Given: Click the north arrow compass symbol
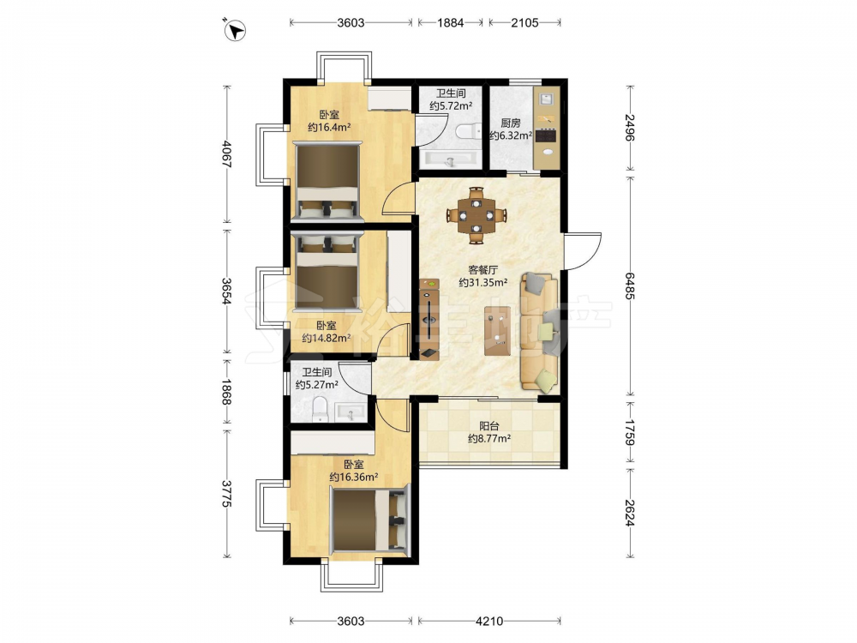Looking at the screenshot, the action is coord(236,31).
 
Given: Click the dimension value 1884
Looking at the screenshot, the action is coord(451,22).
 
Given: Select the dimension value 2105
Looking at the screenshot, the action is coord(524,22).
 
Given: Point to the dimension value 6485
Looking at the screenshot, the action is coord(630,285).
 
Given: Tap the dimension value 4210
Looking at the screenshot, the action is coord(489,621).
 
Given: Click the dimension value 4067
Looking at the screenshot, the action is coord(227,154).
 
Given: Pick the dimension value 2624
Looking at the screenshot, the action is coord(630,513).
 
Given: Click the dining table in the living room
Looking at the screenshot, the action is coord(476,215).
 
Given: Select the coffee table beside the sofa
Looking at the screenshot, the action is coord(497,330).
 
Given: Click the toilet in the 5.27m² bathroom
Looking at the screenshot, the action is coord(320,410).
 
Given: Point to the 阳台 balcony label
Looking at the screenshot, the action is coord(489,425).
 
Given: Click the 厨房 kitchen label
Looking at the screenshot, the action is coord(511,123).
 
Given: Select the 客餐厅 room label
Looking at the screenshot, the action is coord(483,269).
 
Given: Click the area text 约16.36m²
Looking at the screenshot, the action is coord(354,477).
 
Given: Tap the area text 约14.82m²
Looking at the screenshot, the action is coord(327,338).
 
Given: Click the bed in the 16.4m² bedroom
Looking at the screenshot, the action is coord(327,181).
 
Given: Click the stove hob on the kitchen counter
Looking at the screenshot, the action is coord(546,135).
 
